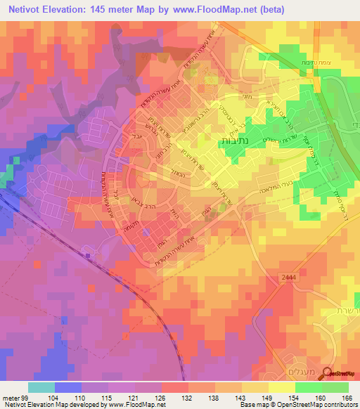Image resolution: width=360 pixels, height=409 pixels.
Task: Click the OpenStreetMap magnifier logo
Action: pos(328,375)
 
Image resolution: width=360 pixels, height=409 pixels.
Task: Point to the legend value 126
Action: pos(162,397)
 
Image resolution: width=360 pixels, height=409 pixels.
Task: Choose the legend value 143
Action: pos(243,397)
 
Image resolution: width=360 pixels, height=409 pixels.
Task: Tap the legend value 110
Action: pos(82,397)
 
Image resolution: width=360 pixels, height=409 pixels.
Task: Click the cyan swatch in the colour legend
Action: pos(41,387)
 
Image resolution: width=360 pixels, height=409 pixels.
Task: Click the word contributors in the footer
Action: pos(340,405)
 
